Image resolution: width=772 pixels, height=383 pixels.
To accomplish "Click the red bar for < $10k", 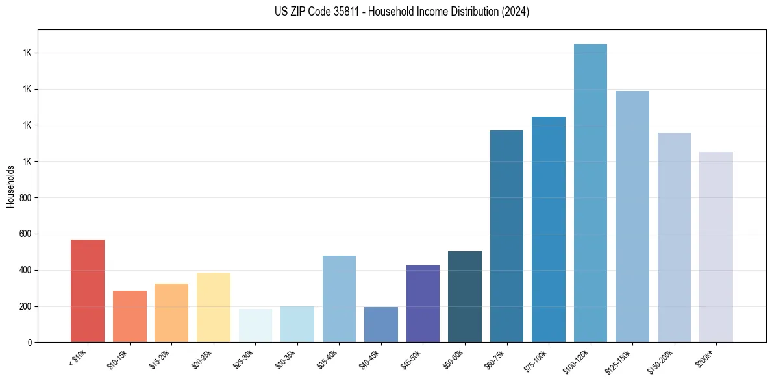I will (x=88, y=291).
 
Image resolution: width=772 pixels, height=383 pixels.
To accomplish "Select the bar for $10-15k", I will (x=129, y=316).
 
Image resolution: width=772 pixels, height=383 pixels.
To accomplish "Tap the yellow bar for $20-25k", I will (x=213, y=307).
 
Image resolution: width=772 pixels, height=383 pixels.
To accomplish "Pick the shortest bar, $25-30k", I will (x=255, y=326).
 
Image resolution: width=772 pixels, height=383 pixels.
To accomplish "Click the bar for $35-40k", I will (x=339, y=299).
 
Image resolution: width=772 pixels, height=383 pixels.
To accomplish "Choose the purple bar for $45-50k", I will (x=423, y=303).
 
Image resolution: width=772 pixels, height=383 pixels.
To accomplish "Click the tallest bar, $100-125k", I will (x=590, y=193).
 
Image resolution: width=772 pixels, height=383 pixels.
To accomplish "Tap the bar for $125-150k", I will (x=632, y=216).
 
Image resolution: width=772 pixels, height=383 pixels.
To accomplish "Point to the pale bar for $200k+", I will (x=716, y=247).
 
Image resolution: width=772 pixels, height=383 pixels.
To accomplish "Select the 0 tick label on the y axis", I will (x=31, y=343).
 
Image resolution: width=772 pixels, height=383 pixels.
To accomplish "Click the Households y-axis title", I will (x=11, y=186).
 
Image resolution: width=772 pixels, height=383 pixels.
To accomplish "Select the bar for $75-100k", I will (x=549, y=229).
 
